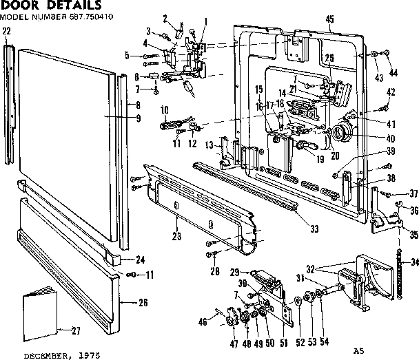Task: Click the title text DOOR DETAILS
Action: [48, 6]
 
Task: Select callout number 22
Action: [7, 31]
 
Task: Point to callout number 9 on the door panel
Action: [138, 118]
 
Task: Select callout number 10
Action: [165, 110]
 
